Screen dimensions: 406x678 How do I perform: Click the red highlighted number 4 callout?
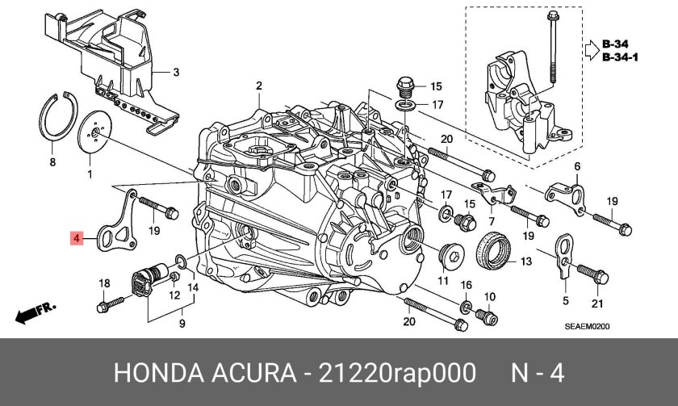75,238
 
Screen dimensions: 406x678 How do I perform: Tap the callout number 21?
597,303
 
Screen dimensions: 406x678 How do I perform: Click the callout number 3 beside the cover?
177,72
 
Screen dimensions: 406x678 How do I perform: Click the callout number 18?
103,283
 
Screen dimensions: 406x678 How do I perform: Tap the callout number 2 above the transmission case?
260,86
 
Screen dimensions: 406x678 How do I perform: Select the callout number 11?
443,280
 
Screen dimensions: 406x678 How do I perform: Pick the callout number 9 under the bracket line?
182,324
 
